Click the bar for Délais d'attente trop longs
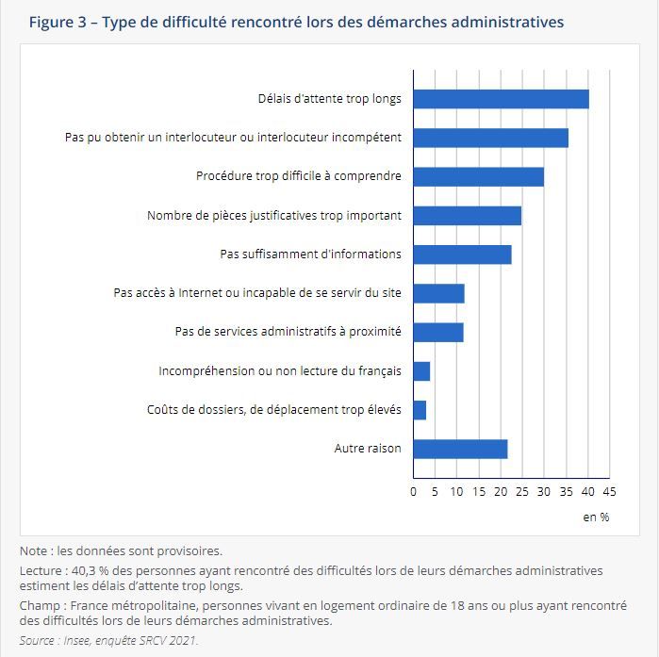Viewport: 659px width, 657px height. click(x=501, y=99)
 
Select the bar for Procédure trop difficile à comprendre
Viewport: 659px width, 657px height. click(x=479, y=177)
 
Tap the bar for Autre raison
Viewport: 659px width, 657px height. click(x=460, y=449)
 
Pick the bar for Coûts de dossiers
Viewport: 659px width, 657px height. click(x=420, y=410)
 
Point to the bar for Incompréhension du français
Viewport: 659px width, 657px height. click(x=421, y=371)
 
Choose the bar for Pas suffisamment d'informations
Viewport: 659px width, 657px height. click(x=462, y=255)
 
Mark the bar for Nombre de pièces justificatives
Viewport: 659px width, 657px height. click(x=468, y=216)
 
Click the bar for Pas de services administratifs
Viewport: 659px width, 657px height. click(x=438, y=333)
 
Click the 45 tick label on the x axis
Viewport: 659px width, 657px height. click(x=609, y=492)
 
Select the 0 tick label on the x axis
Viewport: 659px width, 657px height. click(x=414, y=492)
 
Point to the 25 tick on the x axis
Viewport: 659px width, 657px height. click(x=522, y=492)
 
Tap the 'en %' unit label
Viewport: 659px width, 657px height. click(x=596, y=517)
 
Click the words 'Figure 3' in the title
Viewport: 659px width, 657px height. click(x=58, y=22)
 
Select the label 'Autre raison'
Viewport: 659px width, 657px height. click(x=368, y=449)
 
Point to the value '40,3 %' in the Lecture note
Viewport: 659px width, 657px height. click(x=91, y=571)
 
